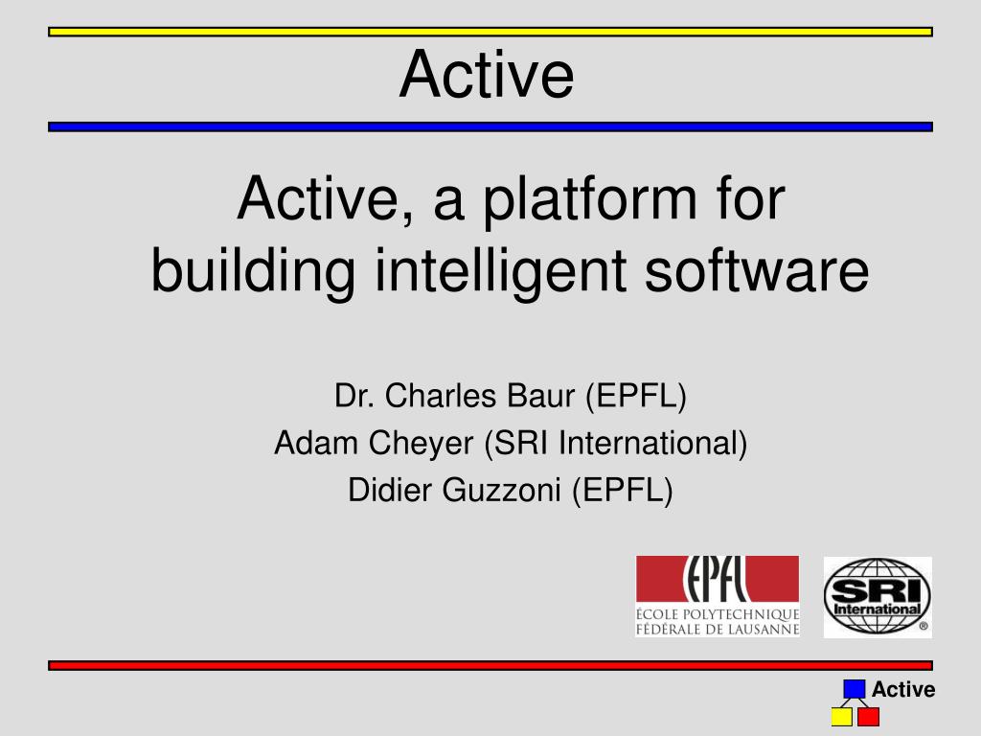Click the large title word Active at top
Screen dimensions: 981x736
tap(487, 75)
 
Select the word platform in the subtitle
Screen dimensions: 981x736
tap(590, 201)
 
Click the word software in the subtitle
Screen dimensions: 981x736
tap(757, 269)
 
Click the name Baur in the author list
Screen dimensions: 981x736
tap(540, 396)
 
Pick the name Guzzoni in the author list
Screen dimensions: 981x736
tap(501, 491)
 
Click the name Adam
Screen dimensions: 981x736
tap(316, 444)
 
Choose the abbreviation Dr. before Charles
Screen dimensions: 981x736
tap(354, 396)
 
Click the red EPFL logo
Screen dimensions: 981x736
tap(718, 596)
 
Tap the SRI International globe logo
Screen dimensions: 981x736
tap(878, 597)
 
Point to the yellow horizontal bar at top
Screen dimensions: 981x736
tap(490, 32)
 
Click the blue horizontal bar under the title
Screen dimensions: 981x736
tap(490, 127)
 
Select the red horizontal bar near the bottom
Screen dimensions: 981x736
tap(490, 665)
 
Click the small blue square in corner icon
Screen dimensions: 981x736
tap(854, 689)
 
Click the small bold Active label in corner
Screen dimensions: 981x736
tap(902, 690)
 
